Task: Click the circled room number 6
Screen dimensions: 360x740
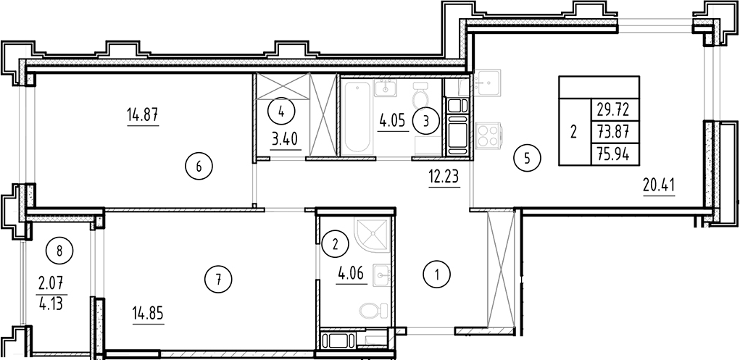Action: click(199, 166)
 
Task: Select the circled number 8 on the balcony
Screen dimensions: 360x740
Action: click(60, 251)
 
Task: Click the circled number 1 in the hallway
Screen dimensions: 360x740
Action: click(436, 275)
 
